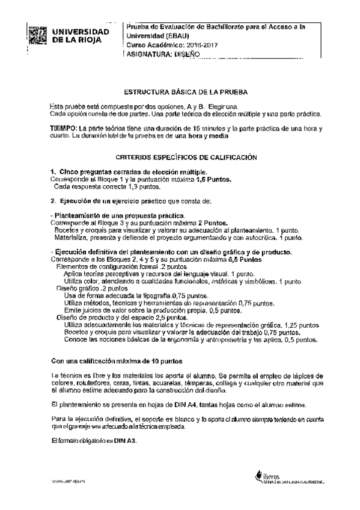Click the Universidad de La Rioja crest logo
pos(37,35)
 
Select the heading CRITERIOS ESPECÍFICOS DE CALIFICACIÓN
pos(186,158)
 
